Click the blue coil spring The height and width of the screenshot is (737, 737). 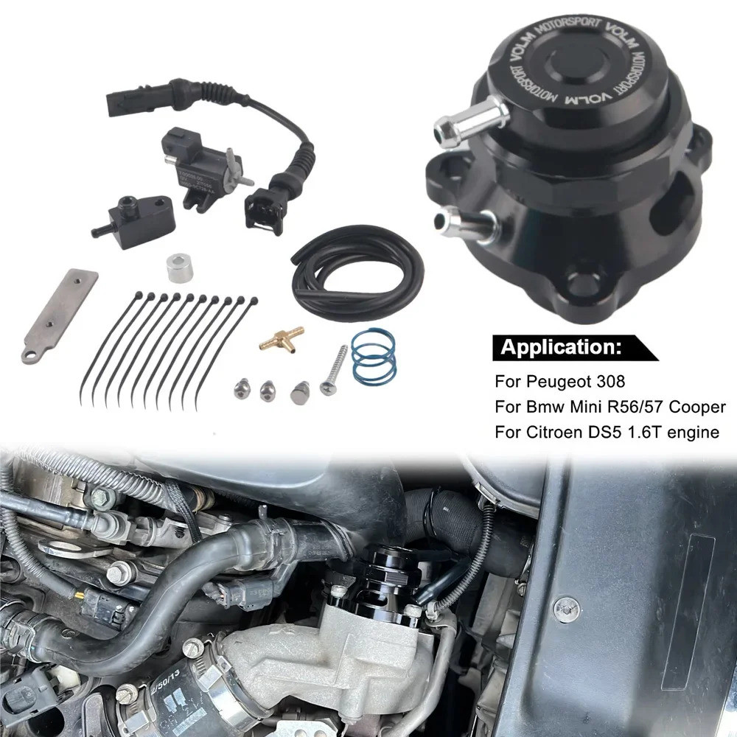tap(373, 357)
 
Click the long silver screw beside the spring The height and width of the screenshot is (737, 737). tap(334, 369)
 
